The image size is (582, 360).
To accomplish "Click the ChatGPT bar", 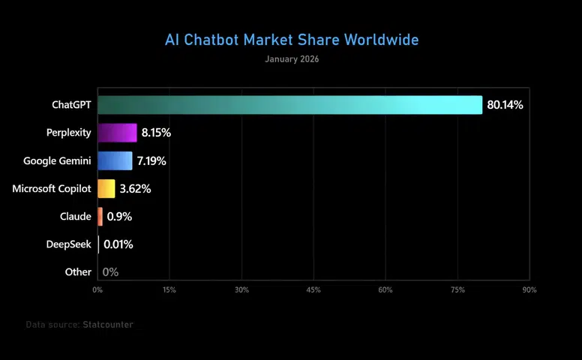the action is pyautogui.click(x=290, y=105).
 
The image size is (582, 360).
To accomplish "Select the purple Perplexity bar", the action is pyautogui.click(x=117, y=133).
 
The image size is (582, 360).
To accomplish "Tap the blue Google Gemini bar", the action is pyautogui.click(x=115, y=160).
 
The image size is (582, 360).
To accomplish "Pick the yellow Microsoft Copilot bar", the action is pyautogui.click(x=106, y=188).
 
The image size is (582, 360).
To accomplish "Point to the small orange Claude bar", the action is pyautogui.click(x=100, y=216).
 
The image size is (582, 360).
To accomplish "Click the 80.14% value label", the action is pyautogui.click(x=505, y=105).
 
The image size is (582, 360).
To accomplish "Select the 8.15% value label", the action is pyautogui.click(x=156, y=133).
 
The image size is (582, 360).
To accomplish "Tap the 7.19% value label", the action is pyautogui.click(x=151, y=160).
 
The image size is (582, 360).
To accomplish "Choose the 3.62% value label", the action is pyautogui.click(x=135, y=189).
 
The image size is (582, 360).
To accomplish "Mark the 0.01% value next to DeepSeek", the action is pyautogui.click(x=118, y=244).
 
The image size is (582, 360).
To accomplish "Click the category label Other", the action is pyautogui.click(x=78, y=272).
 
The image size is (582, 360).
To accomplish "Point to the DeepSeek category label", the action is pyautogui.click(x=69, y=244).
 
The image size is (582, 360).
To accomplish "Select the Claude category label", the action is pyautogui.click(x=75, y=216).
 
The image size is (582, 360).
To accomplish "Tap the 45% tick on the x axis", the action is pyautogui.click(x=313, y=289).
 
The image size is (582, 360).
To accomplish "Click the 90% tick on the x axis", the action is pyautogui.click(x=529, y=289).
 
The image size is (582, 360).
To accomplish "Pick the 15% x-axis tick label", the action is pyautogui.click(x=169, y=289).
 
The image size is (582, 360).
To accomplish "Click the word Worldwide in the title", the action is pyautogui.click(x=382, y=40).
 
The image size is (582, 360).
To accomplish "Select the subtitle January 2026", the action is pyautogui.click(x=292, y=59).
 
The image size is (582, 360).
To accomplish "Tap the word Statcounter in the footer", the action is pyautogui.click(x=108, y=325).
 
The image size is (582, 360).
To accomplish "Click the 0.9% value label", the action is pyautogui.click(x=119, y=217).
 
